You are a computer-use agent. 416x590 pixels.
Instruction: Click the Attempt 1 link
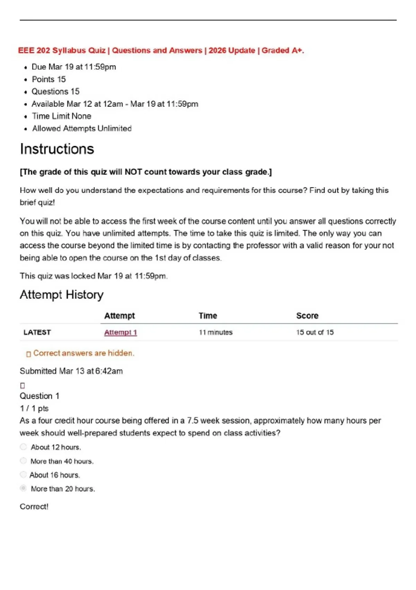[120, 332]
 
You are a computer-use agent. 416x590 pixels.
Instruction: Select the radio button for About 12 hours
[23, 447]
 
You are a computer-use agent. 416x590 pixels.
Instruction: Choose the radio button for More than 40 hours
[23, 461]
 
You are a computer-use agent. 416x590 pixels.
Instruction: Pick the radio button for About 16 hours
[23, 474]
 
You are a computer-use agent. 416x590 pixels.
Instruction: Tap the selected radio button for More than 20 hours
[23, 488]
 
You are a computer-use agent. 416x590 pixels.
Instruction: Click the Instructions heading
[57, 149]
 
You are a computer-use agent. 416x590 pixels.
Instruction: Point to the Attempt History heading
[61, 295]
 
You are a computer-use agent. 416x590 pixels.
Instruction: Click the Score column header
[307, 315]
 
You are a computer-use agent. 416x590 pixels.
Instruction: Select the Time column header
[208, 315]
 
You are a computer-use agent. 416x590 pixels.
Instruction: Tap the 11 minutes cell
[215, 332]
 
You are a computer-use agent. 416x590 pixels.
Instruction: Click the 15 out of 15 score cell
[315, 332]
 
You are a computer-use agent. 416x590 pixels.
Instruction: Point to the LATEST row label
[37, 332]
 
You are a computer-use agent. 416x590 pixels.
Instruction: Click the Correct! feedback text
[34, 506]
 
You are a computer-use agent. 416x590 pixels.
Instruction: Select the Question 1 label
[40, 396]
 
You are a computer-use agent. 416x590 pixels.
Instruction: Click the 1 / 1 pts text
[34, 408]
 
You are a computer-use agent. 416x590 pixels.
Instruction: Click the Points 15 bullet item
[49, 79]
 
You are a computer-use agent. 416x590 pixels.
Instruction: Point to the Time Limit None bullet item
[61, 116]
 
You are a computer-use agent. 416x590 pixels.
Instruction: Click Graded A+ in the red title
[283, 50]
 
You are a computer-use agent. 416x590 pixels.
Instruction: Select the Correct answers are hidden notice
[83, 353]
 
